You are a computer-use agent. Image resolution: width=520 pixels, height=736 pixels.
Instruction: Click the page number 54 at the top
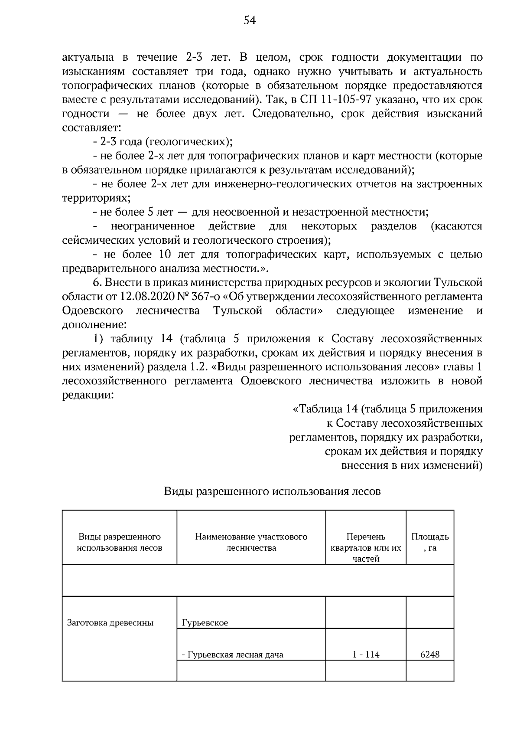[250, 20]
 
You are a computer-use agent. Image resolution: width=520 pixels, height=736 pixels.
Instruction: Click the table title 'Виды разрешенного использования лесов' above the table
[272, 492]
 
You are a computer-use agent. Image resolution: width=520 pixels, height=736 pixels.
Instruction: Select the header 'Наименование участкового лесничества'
[251, 542]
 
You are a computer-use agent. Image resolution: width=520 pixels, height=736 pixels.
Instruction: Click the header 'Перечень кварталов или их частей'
[366, 547]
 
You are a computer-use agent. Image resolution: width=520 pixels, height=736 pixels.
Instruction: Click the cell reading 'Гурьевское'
[205, 623]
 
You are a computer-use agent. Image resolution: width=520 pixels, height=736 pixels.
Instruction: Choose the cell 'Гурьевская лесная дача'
[234, 655]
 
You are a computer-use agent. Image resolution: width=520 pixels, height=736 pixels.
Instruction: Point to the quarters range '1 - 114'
[366, 655]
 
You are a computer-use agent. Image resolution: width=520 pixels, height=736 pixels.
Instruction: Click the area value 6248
[430, 655]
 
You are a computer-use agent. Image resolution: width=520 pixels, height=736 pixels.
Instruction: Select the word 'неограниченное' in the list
[153, 226]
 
